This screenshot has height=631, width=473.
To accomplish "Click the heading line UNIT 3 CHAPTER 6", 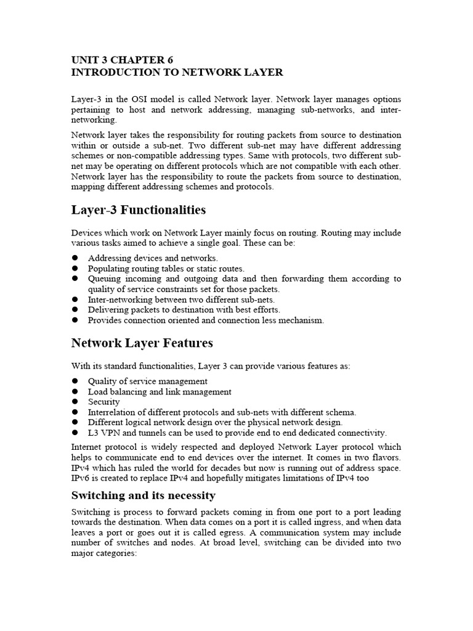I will pos(123,60).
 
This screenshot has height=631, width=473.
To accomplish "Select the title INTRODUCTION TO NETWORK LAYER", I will pos(177,73).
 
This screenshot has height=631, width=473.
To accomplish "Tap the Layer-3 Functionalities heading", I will pos(139,210).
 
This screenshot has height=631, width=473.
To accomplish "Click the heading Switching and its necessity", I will pos(144,495).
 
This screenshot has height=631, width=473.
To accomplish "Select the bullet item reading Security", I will pos(104,402).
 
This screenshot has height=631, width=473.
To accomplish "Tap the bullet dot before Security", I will pos(75,402).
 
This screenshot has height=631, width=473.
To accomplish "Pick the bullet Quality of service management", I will pos(148,381).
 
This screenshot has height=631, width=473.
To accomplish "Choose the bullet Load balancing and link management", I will pos(160,392).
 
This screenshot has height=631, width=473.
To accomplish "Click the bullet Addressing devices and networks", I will pos(153,258).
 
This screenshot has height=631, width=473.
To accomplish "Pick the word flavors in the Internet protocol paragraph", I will pos(385,458).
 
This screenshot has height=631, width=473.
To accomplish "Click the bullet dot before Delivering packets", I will pos(75,310).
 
